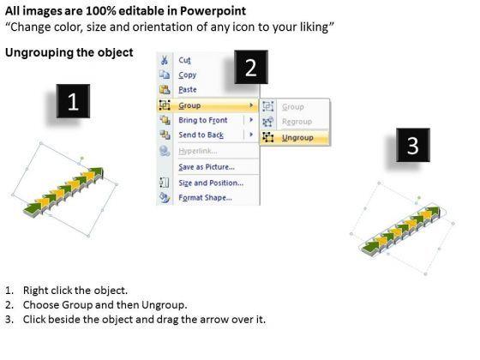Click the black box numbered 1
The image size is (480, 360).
(73, 101)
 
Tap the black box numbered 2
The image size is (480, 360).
(251, 67)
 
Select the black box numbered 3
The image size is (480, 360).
(413, 145)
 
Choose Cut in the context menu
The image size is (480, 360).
(184, 60)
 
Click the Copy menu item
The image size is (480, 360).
(188, 75)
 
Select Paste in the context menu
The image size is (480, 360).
(188, 90)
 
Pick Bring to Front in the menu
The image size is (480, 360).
(203, 120)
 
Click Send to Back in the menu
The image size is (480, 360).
(201, 135)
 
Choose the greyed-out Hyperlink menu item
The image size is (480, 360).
(198, 151)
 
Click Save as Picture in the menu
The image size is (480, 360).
(207, 167)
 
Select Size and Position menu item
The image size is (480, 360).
(211, 183)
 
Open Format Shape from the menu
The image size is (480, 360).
(205, 197)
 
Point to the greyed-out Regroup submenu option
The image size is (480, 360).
(297, 122)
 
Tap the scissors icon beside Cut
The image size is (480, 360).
(165, 60)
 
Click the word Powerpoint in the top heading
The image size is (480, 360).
(213, 11)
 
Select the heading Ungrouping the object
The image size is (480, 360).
(69, 52)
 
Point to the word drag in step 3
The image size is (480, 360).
(167, 320)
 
